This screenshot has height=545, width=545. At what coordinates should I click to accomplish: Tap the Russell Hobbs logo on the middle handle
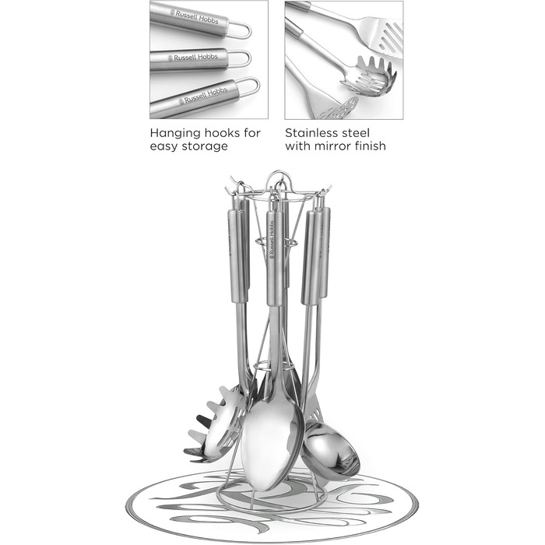point(192,58)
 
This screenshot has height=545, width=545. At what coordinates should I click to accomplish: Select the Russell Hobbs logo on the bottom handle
point(203,95)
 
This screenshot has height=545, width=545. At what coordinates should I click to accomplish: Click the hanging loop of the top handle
point(240,30)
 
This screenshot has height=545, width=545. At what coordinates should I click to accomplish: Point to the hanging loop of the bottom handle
point(248,85)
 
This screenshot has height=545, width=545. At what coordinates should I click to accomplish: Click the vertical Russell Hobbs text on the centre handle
point(272,240)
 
